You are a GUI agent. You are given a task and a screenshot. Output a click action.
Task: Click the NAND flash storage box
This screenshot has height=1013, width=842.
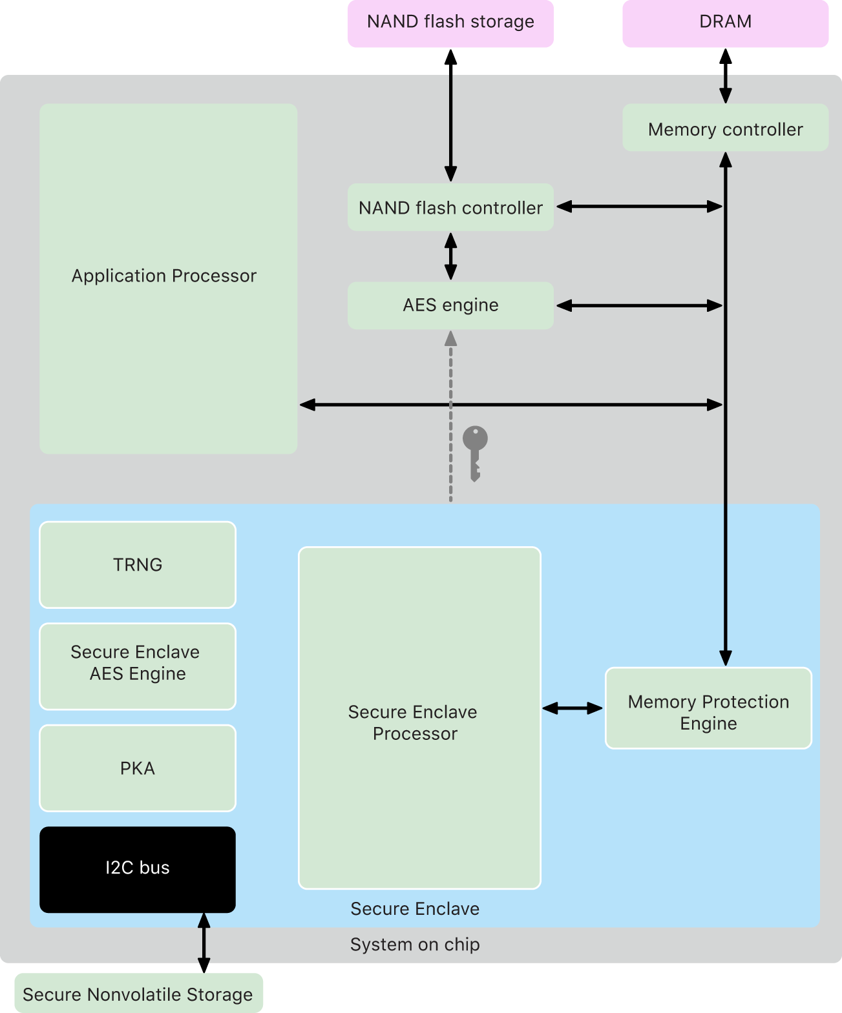[x=450, y=23]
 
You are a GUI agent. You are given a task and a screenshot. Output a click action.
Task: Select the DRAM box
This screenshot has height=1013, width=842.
[x=725, y=23]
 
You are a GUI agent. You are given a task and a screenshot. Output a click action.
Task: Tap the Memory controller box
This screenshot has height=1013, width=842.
[x=725, y=128]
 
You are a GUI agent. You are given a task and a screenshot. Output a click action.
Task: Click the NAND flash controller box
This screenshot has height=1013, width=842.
[x=450, y=207]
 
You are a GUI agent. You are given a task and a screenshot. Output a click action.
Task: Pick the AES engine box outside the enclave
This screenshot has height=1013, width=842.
[x=450, y=305]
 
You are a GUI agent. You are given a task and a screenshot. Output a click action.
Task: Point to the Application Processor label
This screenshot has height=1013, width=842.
[x=164, y=276]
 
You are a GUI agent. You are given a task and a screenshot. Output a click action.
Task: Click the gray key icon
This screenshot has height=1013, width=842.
[x=475, y=452]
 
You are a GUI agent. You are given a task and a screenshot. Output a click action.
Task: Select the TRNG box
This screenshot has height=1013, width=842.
[x=138, y=564]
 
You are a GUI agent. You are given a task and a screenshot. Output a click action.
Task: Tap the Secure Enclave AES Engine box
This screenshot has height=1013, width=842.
[x=138, y=666]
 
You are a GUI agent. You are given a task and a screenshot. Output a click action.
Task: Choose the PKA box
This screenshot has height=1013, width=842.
[x=138, y=768]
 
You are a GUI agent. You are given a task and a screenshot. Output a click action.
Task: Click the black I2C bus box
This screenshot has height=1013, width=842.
[x=138, y=868]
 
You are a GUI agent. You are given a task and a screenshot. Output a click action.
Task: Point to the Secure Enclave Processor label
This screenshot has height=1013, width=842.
[x=414, y=722]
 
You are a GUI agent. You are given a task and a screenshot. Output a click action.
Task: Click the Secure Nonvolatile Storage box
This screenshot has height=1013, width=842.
[x=138, y=994]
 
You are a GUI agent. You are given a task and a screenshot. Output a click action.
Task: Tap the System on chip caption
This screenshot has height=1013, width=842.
[x=415, y=944]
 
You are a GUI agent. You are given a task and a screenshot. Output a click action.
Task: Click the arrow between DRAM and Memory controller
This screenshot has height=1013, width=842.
[x=725, y=76]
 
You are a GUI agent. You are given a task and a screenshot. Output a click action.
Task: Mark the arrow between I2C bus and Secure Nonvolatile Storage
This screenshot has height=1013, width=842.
[x=204, y=943]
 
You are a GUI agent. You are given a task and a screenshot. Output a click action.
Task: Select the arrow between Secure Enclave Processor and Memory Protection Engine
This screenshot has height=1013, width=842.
[x=573, y=708]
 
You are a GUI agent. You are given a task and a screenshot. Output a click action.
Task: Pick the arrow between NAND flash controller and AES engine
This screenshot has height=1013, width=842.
[x=450, y=256]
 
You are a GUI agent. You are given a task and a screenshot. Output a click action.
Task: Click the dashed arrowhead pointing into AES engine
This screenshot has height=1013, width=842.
[x=450, y=339]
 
